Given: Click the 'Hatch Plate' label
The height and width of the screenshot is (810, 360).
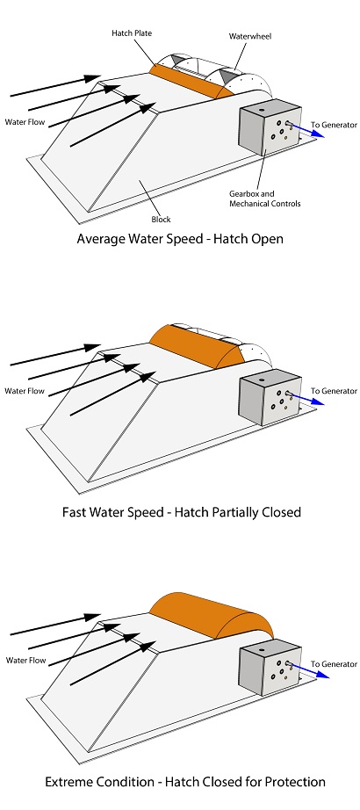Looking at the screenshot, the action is tap(132, 33).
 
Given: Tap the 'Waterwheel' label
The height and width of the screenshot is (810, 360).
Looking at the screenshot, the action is tap(250, 36).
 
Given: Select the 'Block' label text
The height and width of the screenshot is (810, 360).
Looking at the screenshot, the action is tap(161, 219).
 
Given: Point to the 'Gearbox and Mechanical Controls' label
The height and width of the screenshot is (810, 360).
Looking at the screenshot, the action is tap(264, 199).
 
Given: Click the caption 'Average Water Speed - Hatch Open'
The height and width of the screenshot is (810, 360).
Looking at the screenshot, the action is tap(180, 239).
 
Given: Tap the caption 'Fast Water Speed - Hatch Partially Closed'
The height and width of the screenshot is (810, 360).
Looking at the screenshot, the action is tap(181, 512).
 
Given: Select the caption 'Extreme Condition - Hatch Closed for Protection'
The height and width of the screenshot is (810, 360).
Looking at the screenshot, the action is tap(185, 782).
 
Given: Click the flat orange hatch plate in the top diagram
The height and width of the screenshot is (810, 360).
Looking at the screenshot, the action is tap(191, 81).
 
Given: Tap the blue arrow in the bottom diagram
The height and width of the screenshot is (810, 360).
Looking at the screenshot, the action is tap(311, 669).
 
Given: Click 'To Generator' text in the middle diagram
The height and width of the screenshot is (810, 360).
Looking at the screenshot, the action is tap(334, 391).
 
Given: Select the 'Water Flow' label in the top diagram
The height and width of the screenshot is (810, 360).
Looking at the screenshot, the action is tap(25, 122).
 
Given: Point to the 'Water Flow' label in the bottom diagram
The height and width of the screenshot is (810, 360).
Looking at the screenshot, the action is tap(25, 660).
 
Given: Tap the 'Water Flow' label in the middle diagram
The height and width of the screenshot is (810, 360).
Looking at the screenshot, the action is tap(25, 391).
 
